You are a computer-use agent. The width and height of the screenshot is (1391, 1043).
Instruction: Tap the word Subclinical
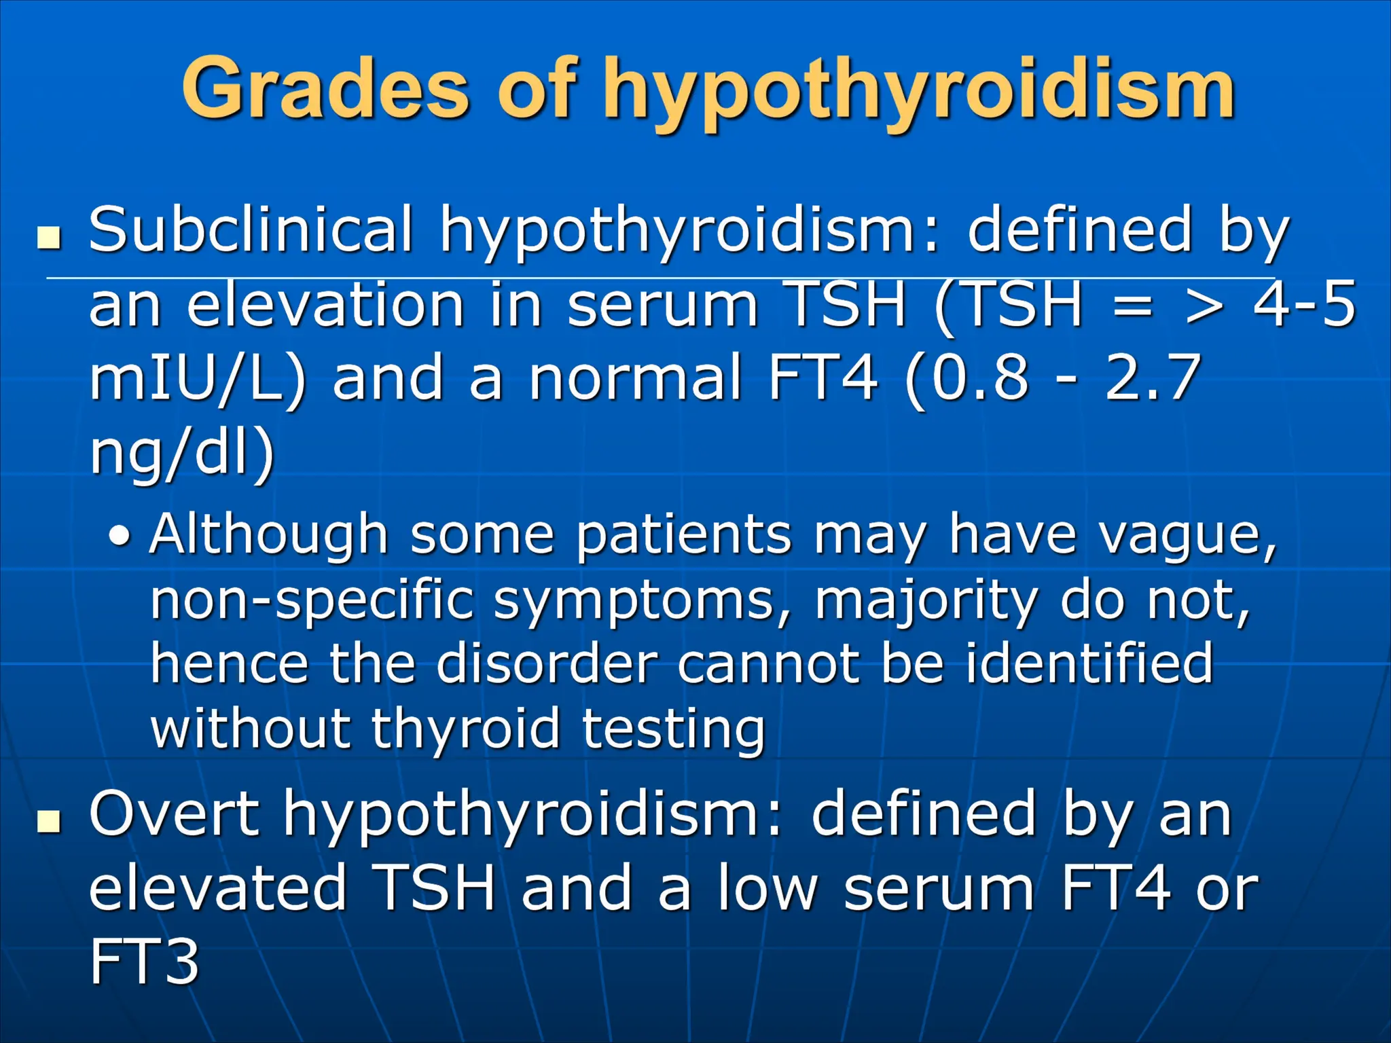251,230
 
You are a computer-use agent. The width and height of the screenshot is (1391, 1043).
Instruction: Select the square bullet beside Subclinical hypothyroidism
49,238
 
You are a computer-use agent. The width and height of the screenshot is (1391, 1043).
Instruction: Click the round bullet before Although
120,537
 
